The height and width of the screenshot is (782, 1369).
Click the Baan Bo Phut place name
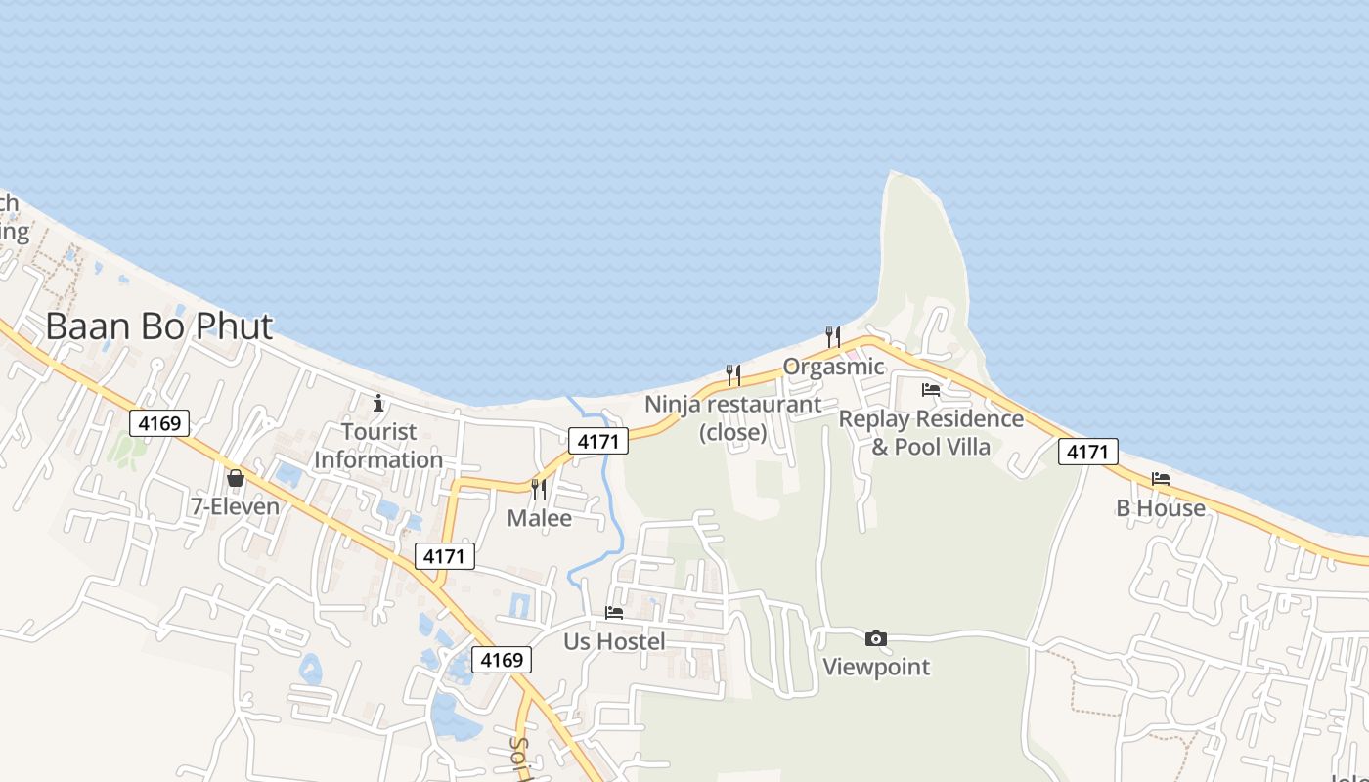[x=159, y=326]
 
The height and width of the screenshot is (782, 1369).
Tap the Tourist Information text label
[x=378, y=446]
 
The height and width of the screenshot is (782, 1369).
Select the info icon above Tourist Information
[x=378, y=403]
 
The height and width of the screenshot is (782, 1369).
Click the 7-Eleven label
[x=236, y=506]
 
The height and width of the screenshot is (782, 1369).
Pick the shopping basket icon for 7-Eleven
[x=236, y=478]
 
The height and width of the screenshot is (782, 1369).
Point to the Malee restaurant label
[x=539, y=518]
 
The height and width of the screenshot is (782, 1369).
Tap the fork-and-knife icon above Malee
[x=539, y=489]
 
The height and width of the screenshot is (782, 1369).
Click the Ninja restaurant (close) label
[x=732, y=417]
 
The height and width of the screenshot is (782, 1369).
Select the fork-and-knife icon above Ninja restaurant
[x=732, y=374]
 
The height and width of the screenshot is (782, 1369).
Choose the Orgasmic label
[x=833, y=368]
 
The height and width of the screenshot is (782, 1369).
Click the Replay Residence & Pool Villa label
[x=931, y=433]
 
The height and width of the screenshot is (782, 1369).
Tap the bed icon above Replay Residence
[x=931, y=390]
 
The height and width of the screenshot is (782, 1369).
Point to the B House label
[x=1161, y=508]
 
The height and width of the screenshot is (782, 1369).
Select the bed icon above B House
[x=1161, y=479]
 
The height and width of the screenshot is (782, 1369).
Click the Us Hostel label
[x=614, y=641]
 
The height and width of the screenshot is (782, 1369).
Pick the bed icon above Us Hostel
[x=614, y=613]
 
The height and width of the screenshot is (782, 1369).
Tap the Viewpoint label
[x=876, y=668]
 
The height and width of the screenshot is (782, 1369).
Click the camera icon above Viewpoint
[x=876, y=639]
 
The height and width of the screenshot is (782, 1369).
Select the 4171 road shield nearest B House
[x=1087, y=452]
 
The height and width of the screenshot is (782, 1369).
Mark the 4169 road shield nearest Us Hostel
[x=502, y=660]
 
